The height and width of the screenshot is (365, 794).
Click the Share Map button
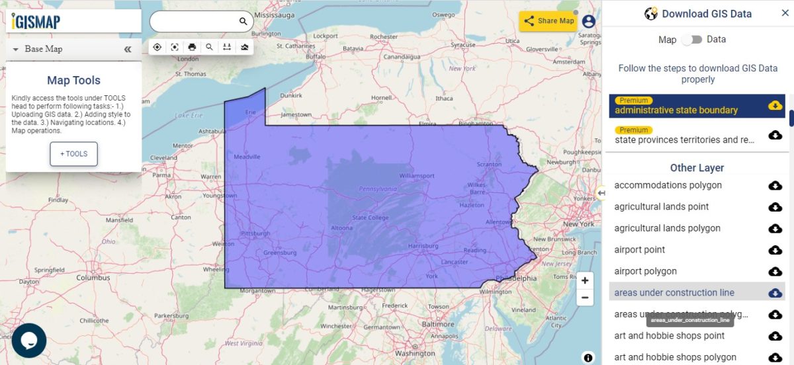click(x=549, y=21)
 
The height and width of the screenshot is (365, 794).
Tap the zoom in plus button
click(x=585, y=280)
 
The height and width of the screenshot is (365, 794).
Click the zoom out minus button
click(x=585, y=298)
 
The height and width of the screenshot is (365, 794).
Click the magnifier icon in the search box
click(x=243, y=22)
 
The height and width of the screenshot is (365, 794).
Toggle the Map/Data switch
click(x=691, y=40)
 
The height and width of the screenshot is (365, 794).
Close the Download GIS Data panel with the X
click(x=785, y=13)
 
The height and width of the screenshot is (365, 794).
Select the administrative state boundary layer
click(x=676, y=110)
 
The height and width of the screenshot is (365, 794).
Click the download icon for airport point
click(x=775, y=250)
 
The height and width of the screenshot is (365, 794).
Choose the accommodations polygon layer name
click(x=668, y=185)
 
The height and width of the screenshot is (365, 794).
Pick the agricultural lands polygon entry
click(x=667, y=228)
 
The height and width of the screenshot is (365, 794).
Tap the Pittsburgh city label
click(x=255, y=233)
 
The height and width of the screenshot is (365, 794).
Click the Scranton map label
click(x=490, y=164)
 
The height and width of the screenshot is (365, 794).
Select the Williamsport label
click(x=417, y=176)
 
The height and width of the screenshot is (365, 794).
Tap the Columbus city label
click(x=93, y=278)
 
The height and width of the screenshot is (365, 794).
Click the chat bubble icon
click(x=29, y=340)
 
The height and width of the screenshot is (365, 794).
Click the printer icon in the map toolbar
click(x=192, y=47)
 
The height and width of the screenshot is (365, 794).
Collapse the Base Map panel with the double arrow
click(x=128, y=49)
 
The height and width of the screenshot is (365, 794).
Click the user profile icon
click(x=588, y=21)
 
